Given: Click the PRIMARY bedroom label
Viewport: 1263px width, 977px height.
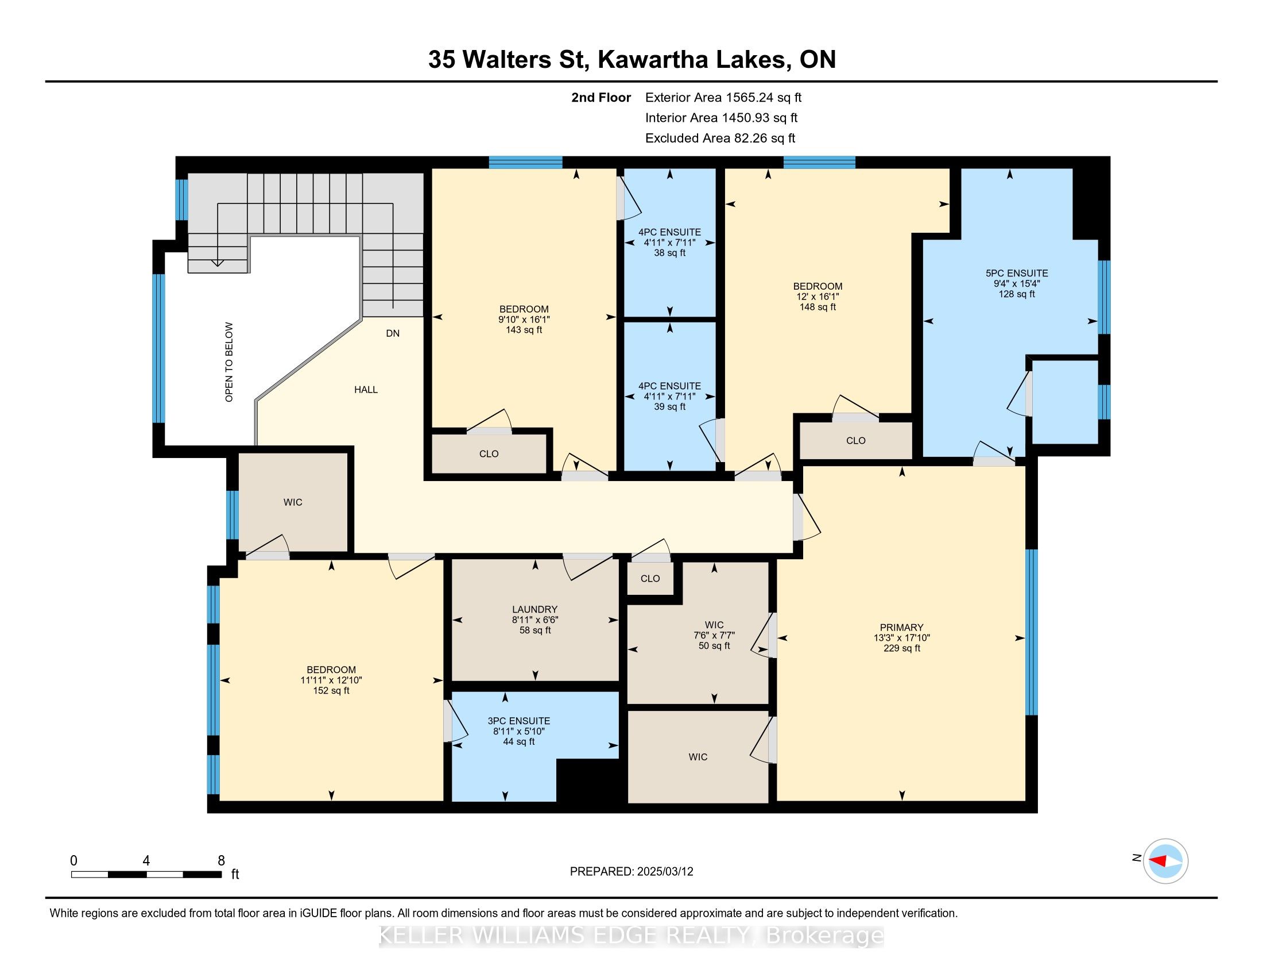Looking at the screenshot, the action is coord(901,628).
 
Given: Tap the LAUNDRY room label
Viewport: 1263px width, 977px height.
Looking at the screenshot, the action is coord(534,609).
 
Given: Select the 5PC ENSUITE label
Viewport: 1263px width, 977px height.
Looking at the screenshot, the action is coord(1017,273).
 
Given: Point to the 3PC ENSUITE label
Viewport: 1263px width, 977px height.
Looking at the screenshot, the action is coord(519,721).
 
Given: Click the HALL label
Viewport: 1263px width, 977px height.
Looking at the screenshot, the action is coord(366,390).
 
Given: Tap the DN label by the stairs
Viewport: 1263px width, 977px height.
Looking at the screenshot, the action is coord(393,334).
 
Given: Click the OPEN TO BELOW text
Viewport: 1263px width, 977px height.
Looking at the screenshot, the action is coord(229,362).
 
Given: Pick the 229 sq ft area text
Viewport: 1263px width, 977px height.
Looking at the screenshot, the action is coord(901,648).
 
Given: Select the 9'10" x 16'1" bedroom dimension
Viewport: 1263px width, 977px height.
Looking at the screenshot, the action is coord(524,320).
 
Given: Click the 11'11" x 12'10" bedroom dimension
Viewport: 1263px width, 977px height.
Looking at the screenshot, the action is coord(331,680).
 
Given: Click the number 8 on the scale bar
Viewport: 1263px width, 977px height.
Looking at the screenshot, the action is coord(221,861).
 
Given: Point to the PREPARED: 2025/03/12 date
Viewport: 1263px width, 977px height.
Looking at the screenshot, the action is coord(631,872).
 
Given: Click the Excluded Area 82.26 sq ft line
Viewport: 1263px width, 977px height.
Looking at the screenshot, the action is coord(720,139).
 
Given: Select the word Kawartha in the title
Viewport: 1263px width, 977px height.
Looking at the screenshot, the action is coord(652,60).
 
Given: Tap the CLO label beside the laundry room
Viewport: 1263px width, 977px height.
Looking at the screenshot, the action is coord(650,579).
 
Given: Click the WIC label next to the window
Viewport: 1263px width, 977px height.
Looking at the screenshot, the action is coord(293,502).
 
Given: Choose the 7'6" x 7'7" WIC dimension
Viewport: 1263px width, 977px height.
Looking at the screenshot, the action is coord(714,636).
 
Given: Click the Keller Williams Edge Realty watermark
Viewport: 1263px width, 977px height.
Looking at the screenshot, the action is coord(631,936).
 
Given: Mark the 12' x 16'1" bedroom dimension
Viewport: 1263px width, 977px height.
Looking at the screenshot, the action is coord(818,297).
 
